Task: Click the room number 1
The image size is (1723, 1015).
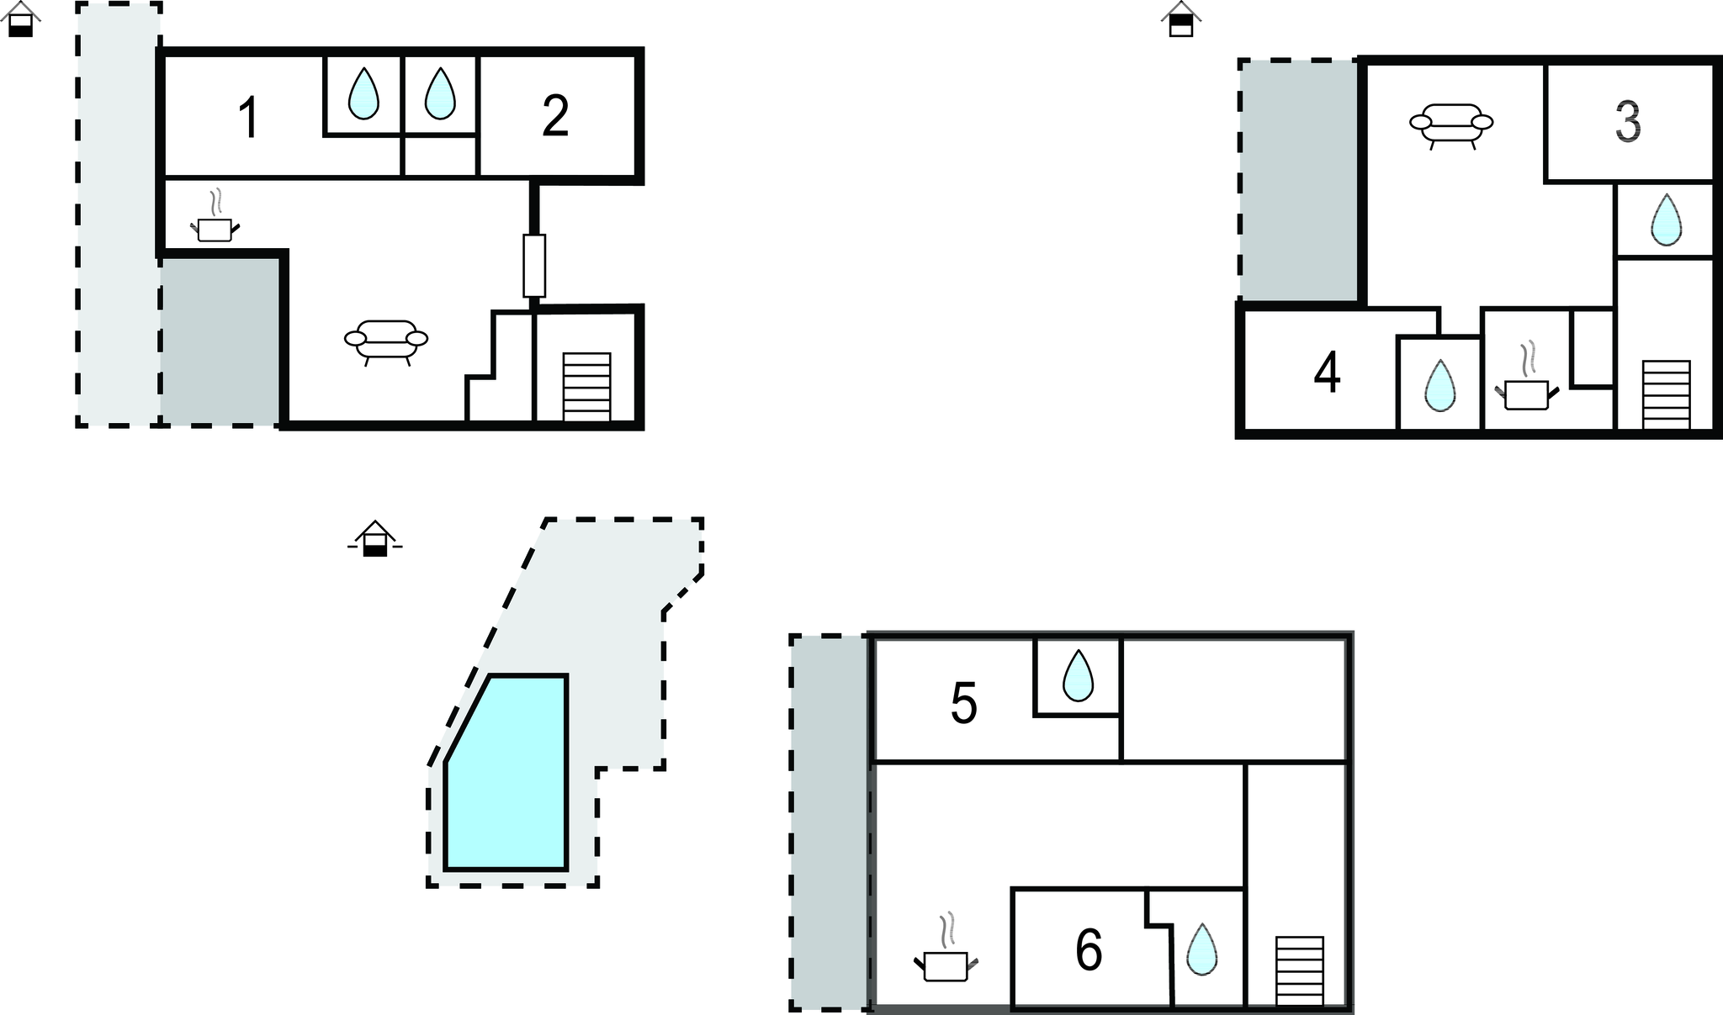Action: click(247, 118)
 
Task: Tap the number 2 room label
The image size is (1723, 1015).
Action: click(555, 116)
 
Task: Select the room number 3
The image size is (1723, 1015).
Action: click(1628, 122)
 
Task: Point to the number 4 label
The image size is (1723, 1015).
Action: click(1327, 373)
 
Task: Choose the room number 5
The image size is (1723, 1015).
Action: click(963, 703)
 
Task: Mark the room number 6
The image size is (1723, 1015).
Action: click(1089, 951)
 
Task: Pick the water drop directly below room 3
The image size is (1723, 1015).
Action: click(1666, 219)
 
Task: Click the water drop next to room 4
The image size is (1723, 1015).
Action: click(1439, 386)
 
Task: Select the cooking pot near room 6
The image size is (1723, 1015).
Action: click(946, 959)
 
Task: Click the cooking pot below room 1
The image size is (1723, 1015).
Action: click(215, 224)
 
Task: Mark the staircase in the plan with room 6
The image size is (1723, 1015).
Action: click(1300, 970)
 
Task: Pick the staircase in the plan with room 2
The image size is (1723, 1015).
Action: click(586, 387)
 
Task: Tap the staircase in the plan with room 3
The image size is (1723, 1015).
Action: click(1666, 394)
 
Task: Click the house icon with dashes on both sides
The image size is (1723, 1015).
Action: click(375, 539)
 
